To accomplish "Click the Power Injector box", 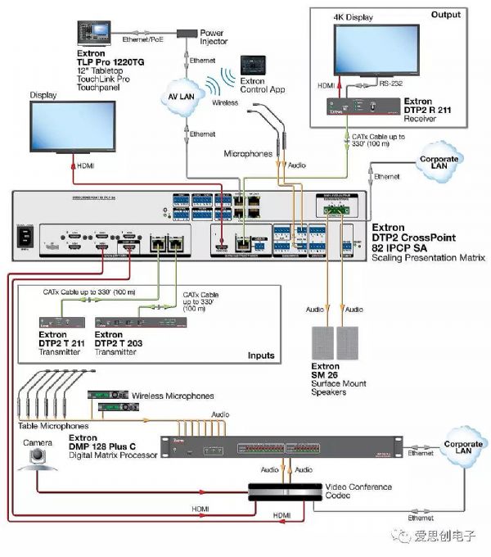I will (188, 33).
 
